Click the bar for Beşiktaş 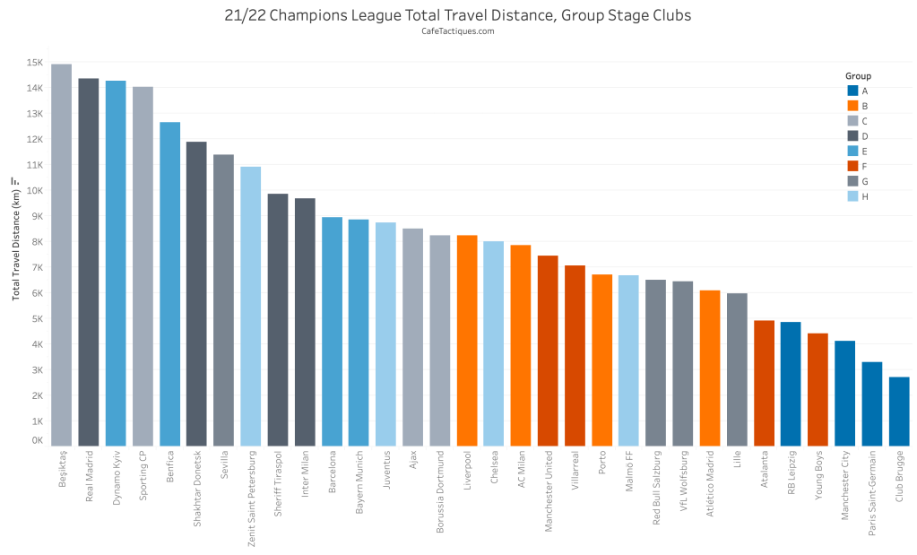coord(61,255)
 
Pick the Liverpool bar coord(466,340)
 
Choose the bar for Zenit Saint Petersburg coord(250,306)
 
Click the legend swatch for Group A coord(852,91)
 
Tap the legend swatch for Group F coord(852,166)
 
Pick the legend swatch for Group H coord(852,195)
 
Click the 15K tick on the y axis coord(35,63)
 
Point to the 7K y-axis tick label coord(37,268)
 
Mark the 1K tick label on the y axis coord(37,421)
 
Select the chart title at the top coord(458,15)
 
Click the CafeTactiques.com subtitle coord(458,31)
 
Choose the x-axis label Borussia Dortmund coord(439,492)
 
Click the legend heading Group coord(858,76)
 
